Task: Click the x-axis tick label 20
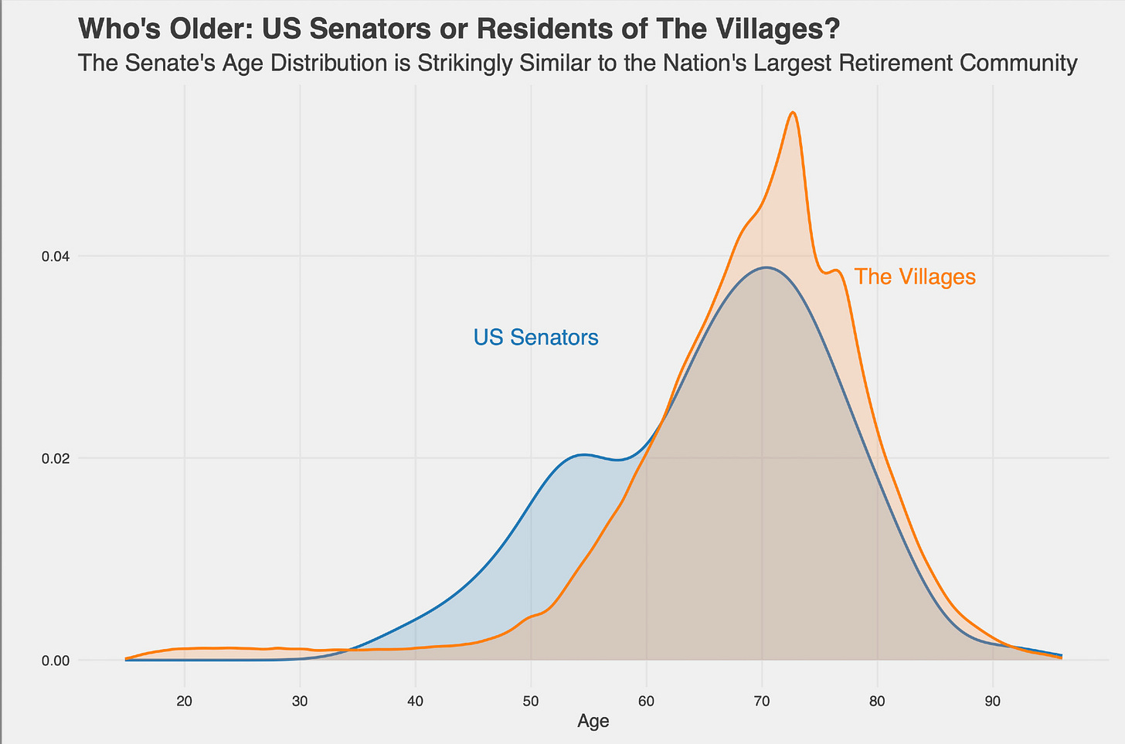[x=184, y=702]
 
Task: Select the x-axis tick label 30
[x=300, y=702]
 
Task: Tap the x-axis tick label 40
[x=416, y=702]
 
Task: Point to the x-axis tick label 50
[x=531, y=702]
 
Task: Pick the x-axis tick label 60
[x=647, y=702]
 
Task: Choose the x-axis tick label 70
[x=762, y=702]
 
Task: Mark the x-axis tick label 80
[x=878, y=702]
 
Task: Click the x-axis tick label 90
[x=993, y=702]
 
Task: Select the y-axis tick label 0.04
[x=54, y=256]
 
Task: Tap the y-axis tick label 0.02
[x=54, y=458]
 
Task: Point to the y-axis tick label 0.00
[x=54, y=661]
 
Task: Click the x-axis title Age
[x=593, y=722]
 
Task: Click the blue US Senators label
[x=535, y=338]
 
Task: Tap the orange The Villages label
[x=915, y=277]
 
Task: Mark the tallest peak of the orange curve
[x=793, y=113]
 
